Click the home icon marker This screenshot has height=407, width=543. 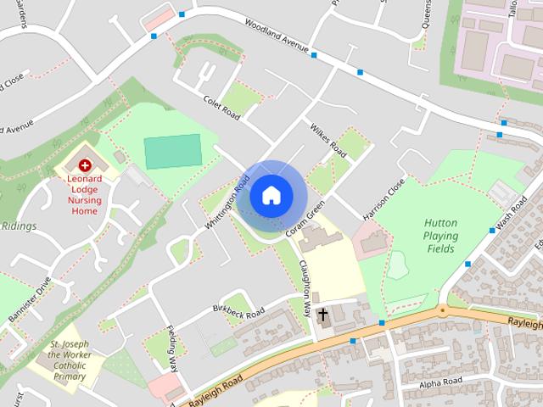tap(271, 196)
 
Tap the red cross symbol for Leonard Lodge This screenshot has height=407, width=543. tap(85, 165)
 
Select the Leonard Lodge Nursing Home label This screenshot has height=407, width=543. tap(85, 194)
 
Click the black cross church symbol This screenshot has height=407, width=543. tap(322, 315)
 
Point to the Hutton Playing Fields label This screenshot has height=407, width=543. tap(441, 236)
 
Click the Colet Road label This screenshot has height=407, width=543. tap(222, 111)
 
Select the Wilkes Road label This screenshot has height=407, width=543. tap(327, 139)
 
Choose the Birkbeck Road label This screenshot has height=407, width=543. tap(239, 310)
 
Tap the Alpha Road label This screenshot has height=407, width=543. tap(441, 384)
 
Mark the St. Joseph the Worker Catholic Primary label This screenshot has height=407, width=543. tap(69, 360)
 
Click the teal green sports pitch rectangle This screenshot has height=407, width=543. tap(173, 151)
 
